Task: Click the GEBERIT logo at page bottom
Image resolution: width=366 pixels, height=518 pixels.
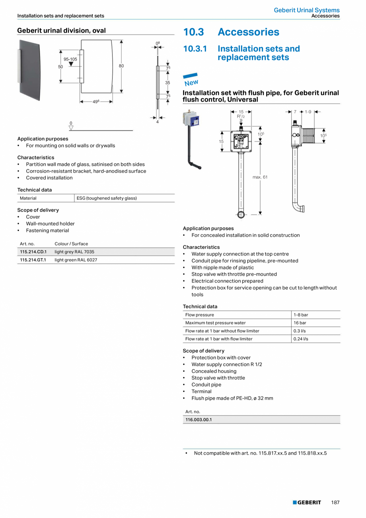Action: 307,502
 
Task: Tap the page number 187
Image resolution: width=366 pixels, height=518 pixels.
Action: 335,502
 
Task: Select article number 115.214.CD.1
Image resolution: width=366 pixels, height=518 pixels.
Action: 33,252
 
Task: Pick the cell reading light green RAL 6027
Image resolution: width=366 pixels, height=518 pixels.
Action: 76,260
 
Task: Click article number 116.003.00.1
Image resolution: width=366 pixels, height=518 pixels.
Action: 199,420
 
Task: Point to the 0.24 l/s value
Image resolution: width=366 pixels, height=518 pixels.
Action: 301,339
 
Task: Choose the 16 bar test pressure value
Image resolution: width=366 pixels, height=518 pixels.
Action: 300,323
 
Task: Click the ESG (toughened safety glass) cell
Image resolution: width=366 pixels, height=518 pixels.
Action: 106,198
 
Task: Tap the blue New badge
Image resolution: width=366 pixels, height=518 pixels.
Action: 191,80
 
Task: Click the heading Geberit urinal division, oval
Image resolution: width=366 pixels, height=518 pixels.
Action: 61,30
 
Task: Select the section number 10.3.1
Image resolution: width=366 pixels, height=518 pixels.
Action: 195,49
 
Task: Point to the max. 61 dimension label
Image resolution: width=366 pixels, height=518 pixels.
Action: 260,177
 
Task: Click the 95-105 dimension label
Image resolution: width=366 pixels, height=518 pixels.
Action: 70,59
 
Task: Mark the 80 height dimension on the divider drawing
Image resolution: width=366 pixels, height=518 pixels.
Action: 121,66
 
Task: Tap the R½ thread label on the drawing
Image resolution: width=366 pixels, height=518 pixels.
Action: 241,116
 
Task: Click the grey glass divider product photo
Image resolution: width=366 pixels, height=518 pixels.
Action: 29,70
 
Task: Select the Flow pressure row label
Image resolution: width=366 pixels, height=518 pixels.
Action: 199,315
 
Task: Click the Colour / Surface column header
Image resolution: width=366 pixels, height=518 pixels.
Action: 71,243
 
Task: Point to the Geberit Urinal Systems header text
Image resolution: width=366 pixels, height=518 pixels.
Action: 306,10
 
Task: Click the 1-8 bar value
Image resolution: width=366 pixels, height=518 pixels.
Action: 301,315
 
